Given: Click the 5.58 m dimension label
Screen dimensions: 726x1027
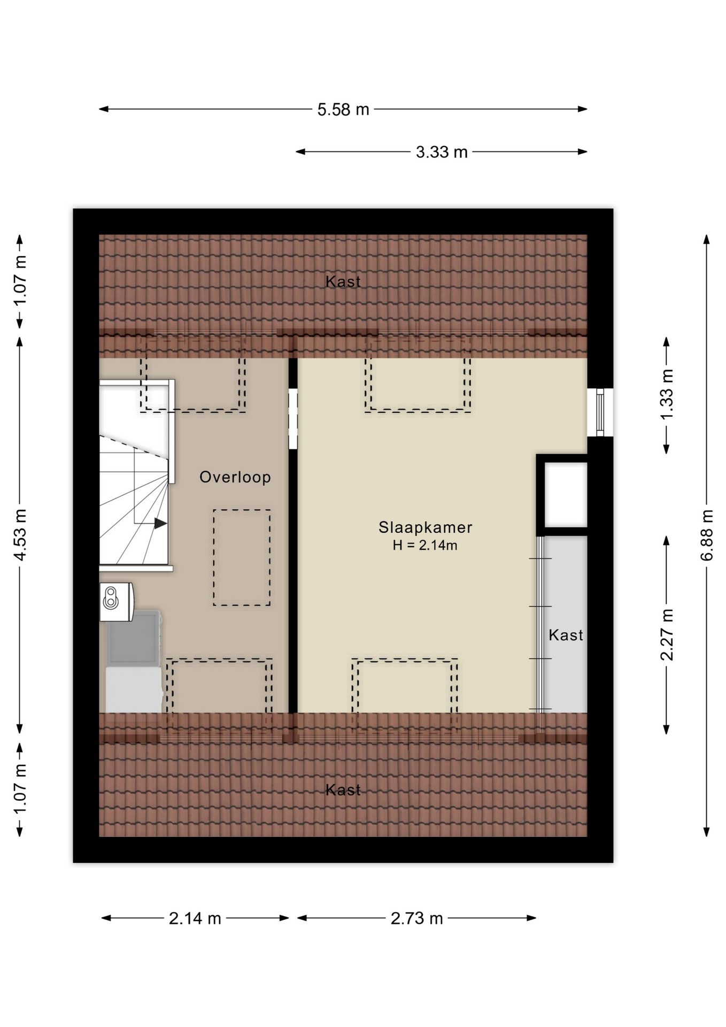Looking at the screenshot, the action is (x=343, y=110).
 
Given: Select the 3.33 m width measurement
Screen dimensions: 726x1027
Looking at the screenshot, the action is (x=442, y=152).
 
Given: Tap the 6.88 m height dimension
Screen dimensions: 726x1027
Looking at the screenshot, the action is (x=707, y=535).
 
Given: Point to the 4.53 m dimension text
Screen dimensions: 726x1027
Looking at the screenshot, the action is (x=20, y=535).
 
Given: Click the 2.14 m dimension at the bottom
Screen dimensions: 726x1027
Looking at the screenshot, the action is (x=195, y=918).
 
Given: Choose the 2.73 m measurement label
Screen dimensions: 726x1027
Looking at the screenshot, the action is (x=417, y=918).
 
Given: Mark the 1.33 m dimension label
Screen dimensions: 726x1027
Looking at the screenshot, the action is (x=667, y=395).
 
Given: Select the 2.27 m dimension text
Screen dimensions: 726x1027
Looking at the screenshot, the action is (x=667, y=635).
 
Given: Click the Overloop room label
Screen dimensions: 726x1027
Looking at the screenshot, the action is (x=235, y=477).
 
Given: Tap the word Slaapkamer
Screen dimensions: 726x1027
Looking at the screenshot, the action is (x=426, y=527).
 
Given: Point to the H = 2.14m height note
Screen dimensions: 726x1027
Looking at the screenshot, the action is (x=425, y=546).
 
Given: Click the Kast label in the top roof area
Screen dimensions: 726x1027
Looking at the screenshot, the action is (x=343, y=281).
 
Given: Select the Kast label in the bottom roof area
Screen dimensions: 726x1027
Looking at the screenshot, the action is (x=343, y=790).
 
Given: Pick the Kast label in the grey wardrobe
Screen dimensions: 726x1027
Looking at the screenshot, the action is (x=566, y=635).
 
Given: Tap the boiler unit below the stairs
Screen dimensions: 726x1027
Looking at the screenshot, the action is (x=117, y=602).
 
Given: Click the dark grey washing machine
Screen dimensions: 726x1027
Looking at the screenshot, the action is (x=134, y=638).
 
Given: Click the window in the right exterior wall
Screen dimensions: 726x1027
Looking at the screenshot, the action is (x=600, y=412).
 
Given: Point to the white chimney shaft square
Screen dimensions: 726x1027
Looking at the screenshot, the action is (x=566, y=495).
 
